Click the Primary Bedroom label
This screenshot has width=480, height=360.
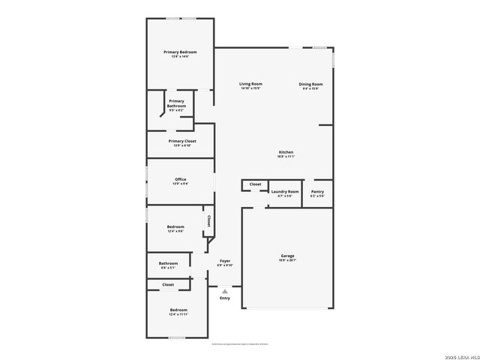point(180,52)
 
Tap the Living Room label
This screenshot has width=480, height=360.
point(250,84)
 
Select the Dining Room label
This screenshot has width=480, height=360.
point(311,84)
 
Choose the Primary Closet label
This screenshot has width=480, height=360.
point(182,141)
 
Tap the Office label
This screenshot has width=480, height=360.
point(181,179)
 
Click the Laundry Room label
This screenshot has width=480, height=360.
point(284,191)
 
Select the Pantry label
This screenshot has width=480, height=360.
point(317,191)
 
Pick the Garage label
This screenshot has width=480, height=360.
point(287,256)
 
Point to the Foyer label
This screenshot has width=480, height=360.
point(225,261)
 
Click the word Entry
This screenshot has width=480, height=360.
point(225,298)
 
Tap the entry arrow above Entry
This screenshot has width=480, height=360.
point(224,291)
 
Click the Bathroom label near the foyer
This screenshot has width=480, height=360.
point(168,263)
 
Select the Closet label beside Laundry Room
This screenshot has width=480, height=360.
point(255,184)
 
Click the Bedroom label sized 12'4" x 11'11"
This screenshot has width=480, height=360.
point(178,310)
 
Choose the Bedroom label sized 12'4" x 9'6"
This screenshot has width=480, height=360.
point(175,226)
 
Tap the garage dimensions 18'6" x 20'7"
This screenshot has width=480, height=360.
point(287,260)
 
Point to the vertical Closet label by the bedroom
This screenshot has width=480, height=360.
point(208,221)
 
